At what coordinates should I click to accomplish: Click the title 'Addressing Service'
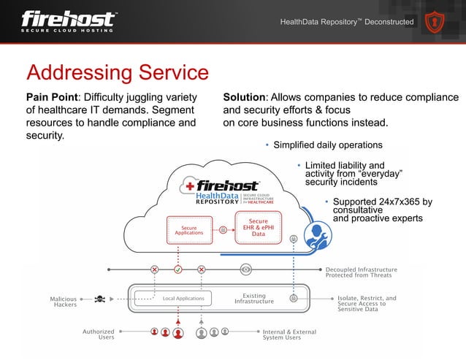pos(118,73)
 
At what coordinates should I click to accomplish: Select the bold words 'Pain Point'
pos(51,98)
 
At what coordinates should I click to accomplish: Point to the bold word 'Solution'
pos(245,98)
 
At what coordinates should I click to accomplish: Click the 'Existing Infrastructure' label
pos(253,298)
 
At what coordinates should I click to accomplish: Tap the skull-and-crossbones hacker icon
pos(100,298)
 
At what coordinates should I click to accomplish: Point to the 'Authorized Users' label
pos(98,334)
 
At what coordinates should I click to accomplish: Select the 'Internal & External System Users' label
pos(289,334)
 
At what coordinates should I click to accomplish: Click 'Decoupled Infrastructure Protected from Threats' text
pos(361,272)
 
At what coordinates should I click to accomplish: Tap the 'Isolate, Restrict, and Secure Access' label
pos(367,304)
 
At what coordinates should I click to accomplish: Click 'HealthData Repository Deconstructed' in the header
pos(347,22)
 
